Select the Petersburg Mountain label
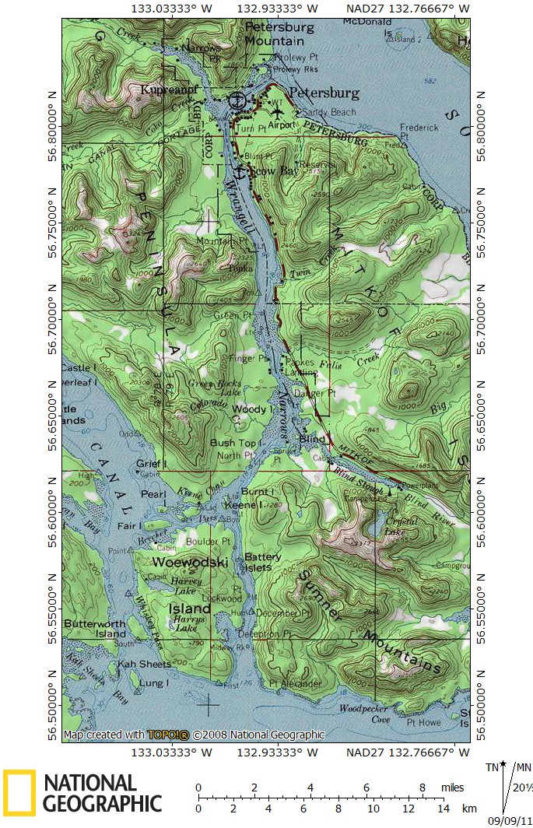pyautogui.click(x=274, y=33)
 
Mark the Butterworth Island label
pyautogui.click(x=95, y=629)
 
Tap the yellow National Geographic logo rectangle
pyautogui.click(x=19, y=792)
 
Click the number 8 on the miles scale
pyautogui.click(x=423, y=788)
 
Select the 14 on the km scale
pyautogui.click(x=444, y=809)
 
